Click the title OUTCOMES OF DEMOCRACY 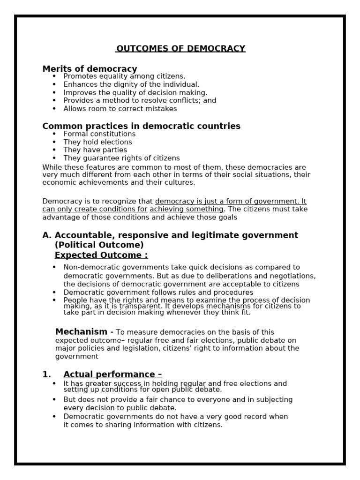coord(180,49)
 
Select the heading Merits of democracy coord(90,69)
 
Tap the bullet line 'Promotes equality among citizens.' coord(124,76)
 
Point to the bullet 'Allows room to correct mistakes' coord(120,108)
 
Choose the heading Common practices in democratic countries coord(141,126)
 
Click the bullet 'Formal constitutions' coord(99,134)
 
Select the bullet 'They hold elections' coord(97,142)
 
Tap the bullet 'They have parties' coord(95,150)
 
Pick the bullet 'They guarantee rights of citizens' coord(121,158)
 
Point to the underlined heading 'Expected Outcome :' coord(101,255)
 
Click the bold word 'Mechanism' coord(81,332)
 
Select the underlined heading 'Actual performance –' coord(112,374)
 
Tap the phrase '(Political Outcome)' coord(99,245)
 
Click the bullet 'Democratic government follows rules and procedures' coord(158,292)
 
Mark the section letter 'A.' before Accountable coord(47,235)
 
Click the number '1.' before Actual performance coord(46,374)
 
